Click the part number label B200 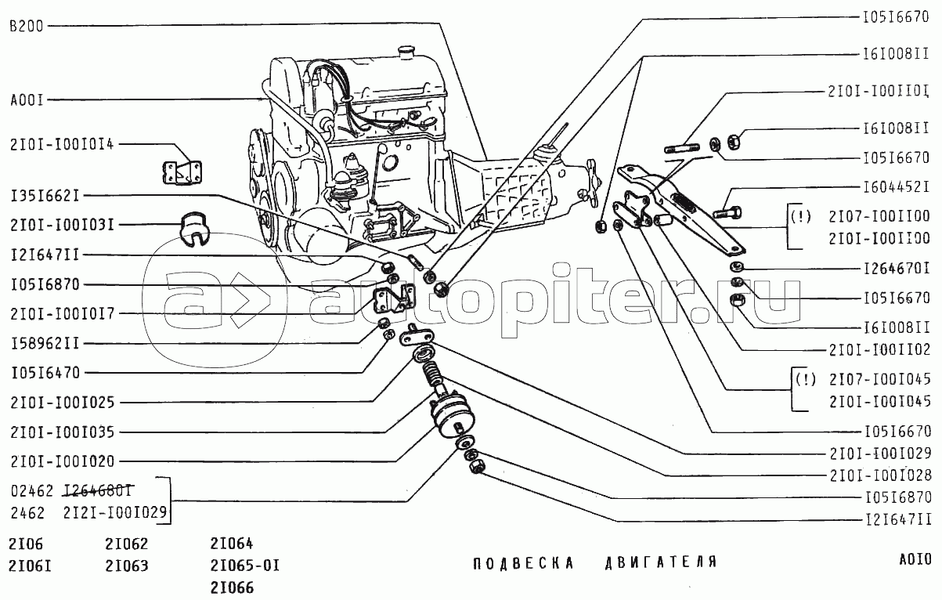(x=27, y=26)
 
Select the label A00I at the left (x=27, y=100)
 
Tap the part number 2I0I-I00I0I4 (x=63, y=144)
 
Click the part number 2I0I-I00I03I (x=63, y=225)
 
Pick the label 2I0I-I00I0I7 (x=63, y=313)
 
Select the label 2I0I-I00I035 (x=63, y=432)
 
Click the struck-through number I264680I (x=97, y=491)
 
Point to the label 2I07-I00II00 (x=878, y=217)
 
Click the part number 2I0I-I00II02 (x=878, y=350)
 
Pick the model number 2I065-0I (x=244, y=565)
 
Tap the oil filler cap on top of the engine (x=405, y=52)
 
